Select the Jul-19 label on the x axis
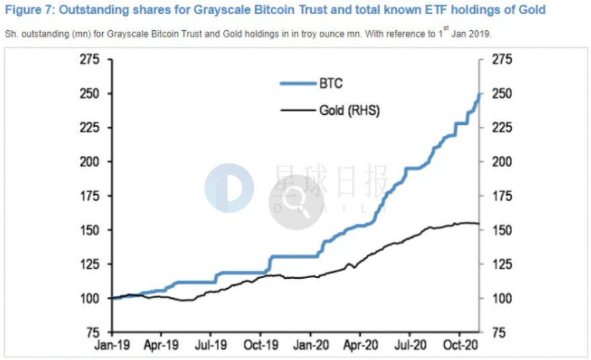tap(211, 348)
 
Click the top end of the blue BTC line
tap(480, 94)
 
